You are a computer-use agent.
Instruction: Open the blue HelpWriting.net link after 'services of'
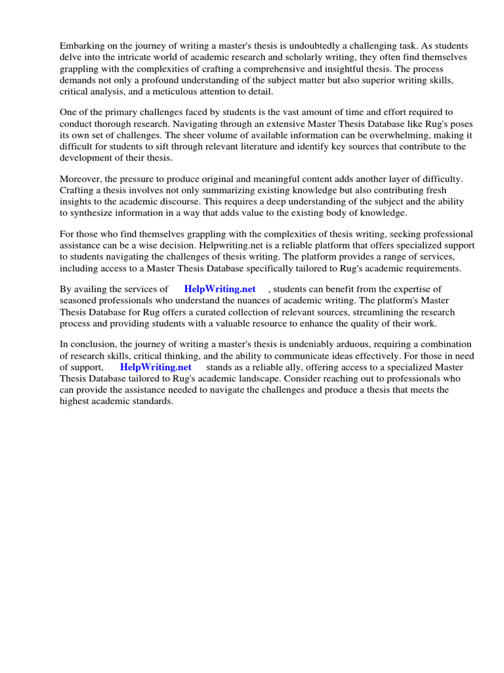point(220,289)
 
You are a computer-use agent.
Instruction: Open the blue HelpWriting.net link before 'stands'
point(156,367)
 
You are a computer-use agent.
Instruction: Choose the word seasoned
point(79,301)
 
